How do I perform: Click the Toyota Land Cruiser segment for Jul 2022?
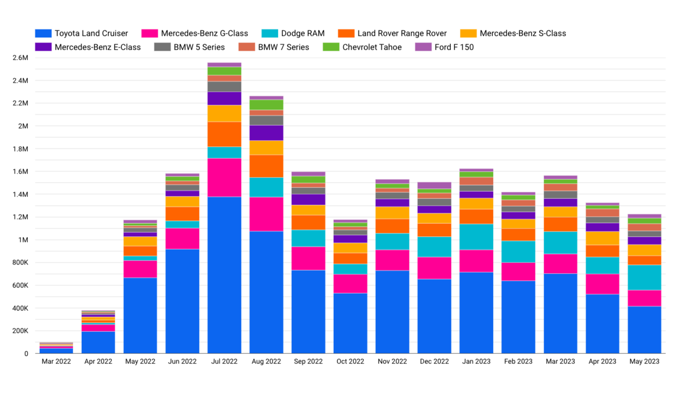224,275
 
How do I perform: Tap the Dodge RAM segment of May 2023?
644,277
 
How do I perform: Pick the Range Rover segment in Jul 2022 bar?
224,134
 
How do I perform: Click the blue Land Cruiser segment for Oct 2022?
350,323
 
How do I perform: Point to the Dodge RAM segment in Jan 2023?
477,237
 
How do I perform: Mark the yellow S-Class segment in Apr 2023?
602,238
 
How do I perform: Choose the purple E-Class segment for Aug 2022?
266,132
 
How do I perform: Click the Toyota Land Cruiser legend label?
91,33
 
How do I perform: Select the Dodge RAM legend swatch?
268,33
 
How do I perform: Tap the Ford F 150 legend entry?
453,47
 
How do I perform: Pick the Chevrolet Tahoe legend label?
372,47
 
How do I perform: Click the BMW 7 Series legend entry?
284,47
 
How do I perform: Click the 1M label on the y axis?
23,240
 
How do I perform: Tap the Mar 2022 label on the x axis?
56,362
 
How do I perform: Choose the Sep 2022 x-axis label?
308,362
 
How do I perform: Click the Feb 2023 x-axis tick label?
518,362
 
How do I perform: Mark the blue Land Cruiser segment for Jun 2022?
182,301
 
